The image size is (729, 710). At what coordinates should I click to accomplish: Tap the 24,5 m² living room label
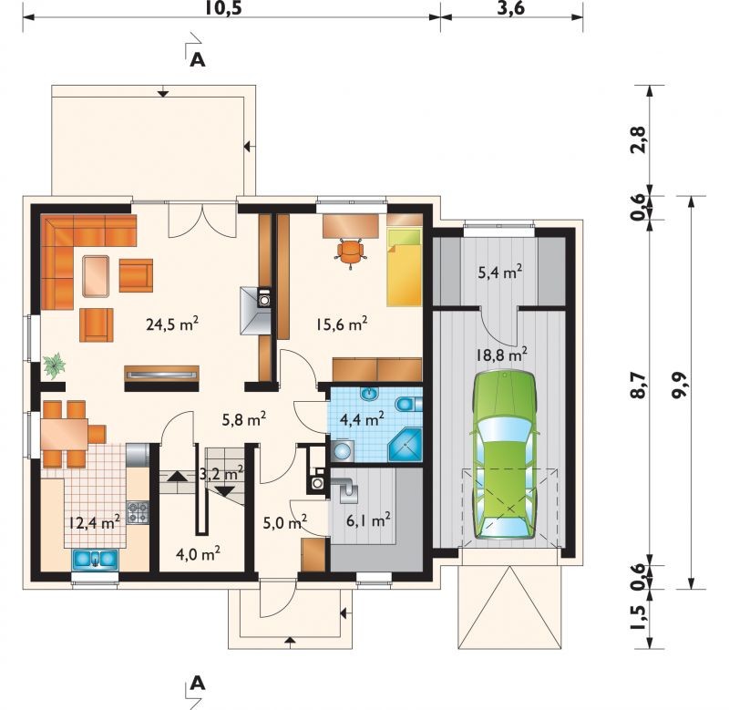172,324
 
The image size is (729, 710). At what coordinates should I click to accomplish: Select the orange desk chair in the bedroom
350,252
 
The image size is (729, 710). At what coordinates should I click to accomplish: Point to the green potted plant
54,364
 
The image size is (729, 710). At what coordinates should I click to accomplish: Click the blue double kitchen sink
95,559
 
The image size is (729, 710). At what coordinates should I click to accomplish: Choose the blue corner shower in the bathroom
405,446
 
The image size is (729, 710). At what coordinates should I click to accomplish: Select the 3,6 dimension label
511,8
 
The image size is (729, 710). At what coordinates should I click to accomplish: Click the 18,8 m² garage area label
501,355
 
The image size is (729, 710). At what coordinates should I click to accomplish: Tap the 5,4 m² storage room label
499,272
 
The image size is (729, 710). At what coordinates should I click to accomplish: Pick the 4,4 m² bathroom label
362,419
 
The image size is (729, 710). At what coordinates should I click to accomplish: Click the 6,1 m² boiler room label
368,520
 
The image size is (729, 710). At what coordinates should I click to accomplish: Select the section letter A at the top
198,59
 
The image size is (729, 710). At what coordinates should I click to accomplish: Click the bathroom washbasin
370,395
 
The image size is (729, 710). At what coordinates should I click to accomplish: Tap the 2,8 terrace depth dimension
639,139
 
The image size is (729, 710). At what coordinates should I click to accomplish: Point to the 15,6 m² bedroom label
342,324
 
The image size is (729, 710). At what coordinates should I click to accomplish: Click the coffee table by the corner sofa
96,276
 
